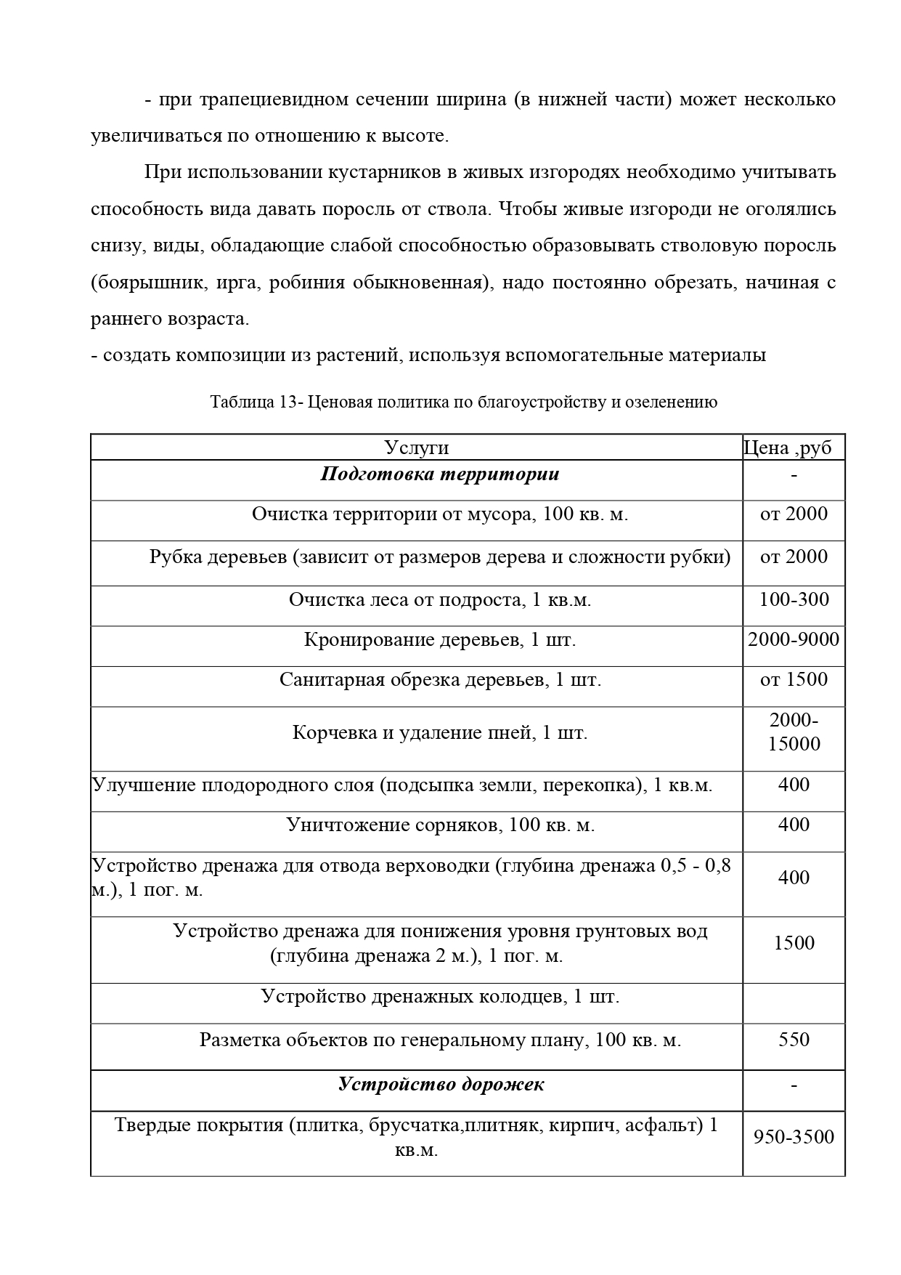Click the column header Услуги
pos(416,448)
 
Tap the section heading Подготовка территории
pos(440,474)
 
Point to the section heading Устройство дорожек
pos(441,1085)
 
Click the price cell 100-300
pos(794,599)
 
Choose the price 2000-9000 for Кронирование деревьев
pos(794,639)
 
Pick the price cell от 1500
pos(794,679)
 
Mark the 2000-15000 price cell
pos(794,732)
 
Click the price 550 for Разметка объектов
pos(794,1040)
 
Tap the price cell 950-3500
pos(794,1137)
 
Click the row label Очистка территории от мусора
pos(440,514)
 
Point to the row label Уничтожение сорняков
pos(440,825)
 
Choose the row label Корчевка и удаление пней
pos(440,732)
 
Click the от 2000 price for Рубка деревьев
pos(794,556)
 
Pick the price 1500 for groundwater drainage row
pos(794,943)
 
